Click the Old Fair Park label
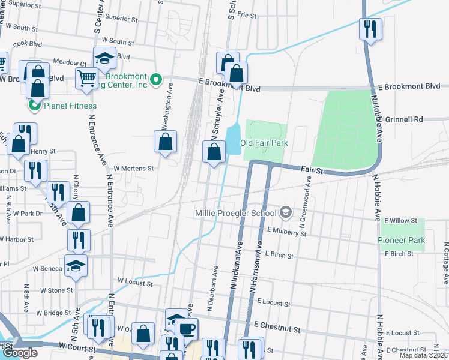tap(264, 143)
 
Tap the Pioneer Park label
tap(402, 240)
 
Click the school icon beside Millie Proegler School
tap(286, 212)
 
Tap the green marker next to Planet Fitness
tap(35, 106)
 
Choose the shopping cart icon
tap(86, 78)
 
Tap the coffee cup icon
tap(186, 329)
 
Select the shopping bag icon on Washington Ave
tap(166, 142)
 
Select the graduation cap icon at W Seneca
tap(76, 266)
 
